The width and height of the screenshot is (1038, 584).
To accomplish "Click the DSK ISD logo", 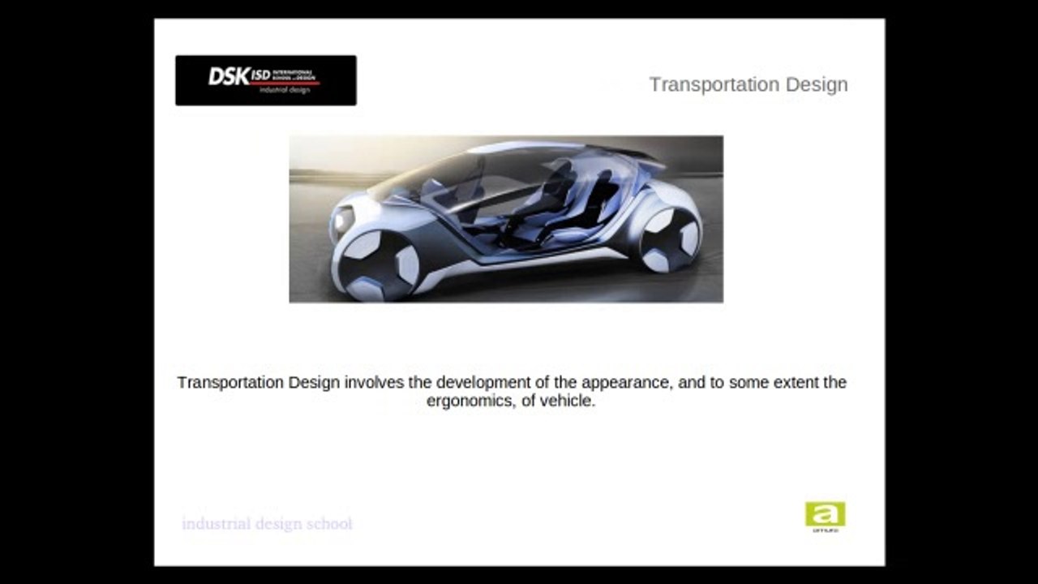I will click(x=265, y=80).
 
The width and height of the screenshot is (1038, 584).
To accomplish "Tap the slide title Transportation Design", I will click(x=748, y=84).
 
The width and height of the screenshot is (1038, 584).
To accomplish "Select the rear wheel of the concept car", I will click(x=670, y=239).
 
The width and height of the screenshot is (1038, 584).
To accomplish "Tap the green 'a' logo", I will click(x=825, y=514).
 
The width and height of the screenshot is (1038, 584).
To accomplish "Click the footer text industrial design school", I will click(x=267, y=523).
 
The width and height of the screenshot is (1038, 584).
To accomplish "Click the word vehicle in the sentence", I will click(x=568, y=401).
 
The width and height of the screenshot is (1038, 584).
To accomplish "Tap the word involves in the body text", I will click(x=371, y=382).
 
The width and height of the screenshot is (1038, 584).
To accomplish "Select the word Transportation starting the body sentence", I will click(x=230, y=382).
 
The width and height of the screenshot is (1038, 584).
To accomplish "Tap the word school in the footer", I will click(x=329, y=523).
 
